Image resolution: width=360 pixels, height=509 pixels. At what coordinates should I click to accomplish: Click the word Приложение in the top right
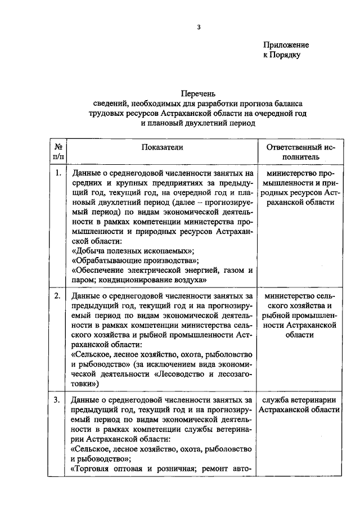(x=286, y=44)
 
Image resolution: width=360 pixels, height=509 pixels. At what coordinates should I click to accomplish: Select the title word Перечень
(x=198, y=93)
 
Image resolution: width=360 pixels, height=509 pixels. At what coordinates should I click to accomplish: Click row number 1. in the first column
(x=58, y=173)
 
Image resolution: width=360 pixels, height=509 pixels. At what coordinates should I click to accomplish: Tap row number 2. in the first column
(x=58, y=295)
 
